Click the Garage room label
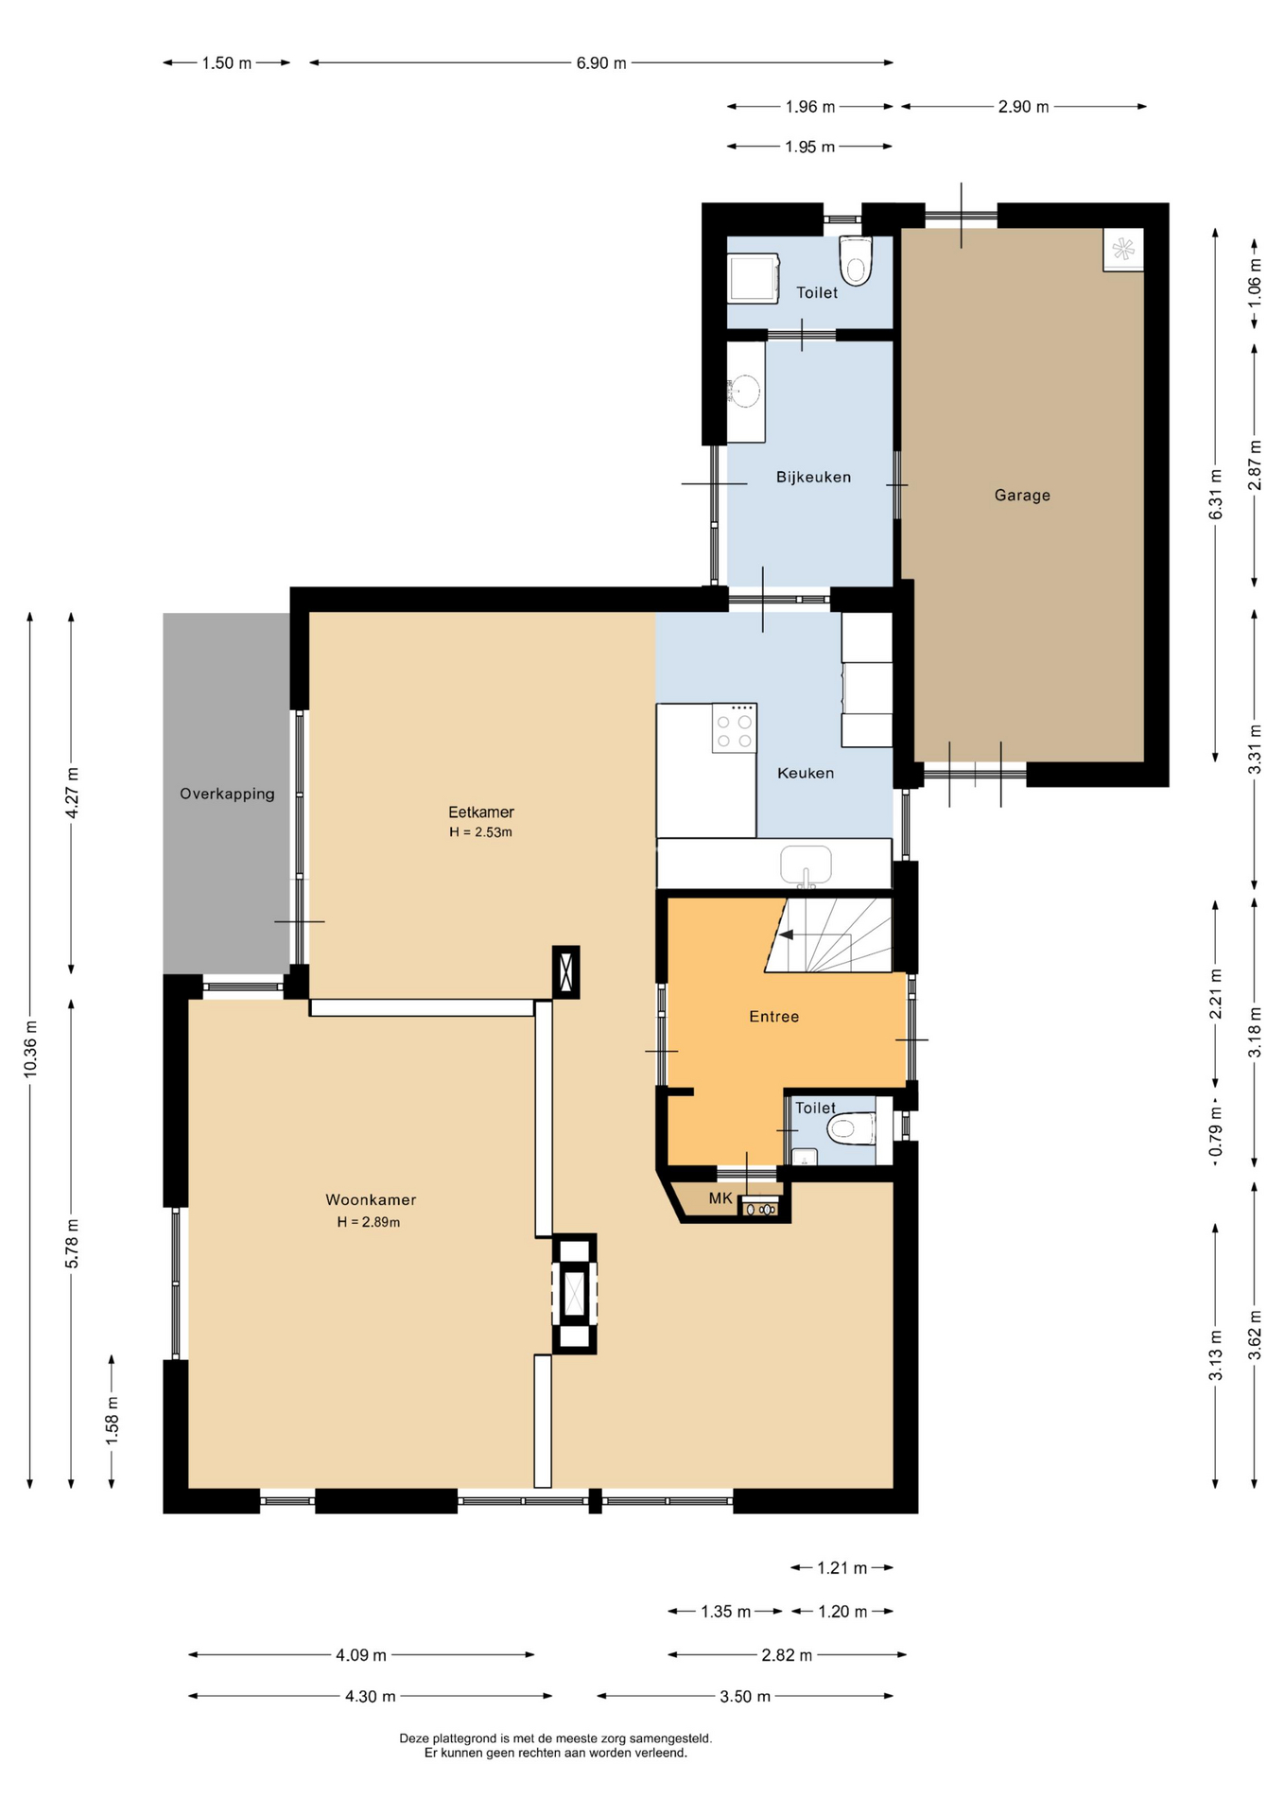1022,495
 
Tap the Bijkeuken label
813,477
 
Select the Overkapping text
227,794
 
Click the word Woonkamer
371,1199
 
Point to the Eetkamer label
481,812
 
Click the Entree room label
774,1017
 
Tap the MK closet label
720,1198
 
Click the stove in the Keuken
734,728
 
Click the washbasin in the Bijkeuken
745,391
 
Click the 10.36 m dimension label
30,1047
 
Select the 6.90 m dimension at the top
601,63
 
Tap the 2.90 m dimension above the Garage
1023,107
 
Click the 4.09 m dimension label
361,1655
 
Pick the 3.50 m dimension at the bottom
745,1697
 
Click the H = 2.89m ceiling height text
369,1222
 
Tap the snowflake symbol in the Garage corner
1123,250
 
